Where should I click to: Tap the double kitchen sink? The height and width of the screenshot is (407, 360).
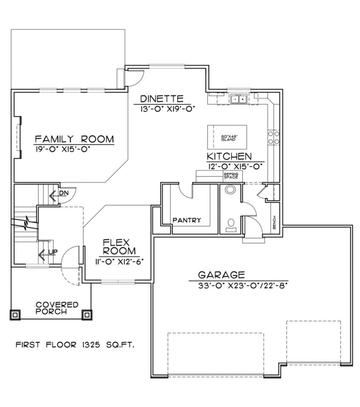click(238, 99)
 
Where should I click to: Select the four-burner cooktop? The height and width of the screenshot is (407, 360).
click(274, 137)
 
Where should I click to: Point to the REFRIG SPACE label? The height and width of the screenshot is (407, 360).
click(230, 176)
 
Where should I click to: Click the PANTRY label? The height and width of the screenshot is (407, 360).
click(186, 221)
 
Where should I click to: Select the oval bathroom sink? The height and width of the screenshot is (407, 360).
click(231, 189)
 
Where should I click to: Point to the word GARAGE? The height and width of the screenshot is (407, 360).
click(222, 274)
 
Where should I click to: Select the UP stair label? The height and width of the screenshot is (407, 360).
click(52, 251)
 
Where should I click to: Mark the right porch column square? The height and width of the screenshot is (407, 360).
click(86, 314)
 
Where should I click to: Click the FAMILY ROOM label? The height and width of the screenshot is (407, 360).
click(75, 138)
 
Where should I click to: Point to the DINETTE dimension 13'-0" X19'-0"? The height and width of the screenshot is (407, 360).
click(161, 108)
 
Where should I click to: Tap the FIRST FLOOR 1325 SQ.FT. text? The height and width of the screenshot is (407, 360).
click(76, 345)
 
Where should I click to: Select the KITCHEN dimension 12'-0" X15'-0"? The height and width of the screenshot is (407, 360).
click(235, 166)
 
